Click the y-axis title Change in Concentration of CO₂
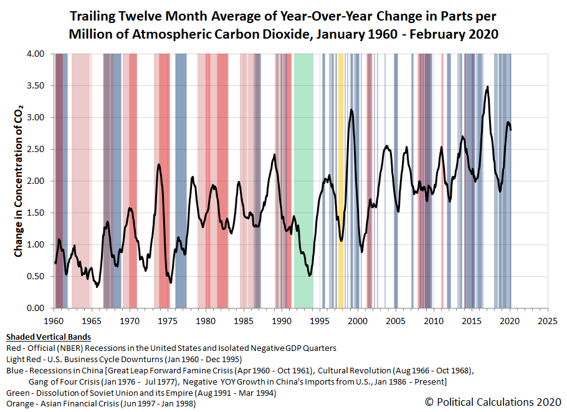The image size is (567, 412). (18, 181)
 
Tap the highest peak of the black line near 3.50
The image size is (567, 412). (487, 87)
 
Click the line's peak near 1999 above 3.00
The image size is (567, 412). (351, 110)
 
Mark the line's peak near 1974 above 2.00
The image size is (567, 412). (159, 165)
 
